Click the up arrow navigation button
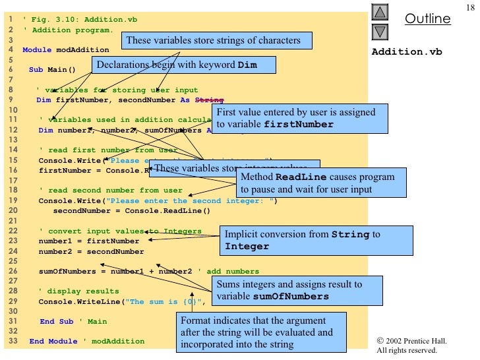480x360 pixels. [380, 12]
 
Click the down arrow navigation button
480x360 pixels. [380, 31]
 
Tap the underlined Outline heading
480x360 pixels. [427, 19]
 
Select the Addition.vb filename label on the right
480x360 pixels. [407, 51]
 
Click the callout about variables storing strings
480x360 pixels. [213, 41]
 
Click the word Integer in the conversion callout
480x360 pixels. [247, 247]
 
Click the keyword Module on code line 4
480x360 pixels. [35, 49]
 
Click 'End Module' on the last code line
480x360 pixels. [53, 341]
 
